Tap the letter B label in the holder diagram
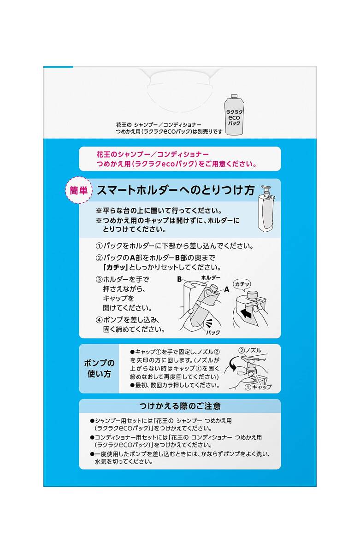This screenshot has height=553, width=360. click(x=181, y=279)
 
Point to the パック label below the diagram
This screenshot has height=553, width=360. click(x=213, y=332)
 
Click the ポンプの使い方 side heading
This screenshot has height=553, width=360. click(x=99, y=368)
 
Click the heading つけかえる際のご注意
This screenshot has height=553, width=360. click(x=180, y=406)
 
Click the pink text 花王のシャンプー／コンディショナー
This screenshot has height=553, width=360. click(x=147, y=153)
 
